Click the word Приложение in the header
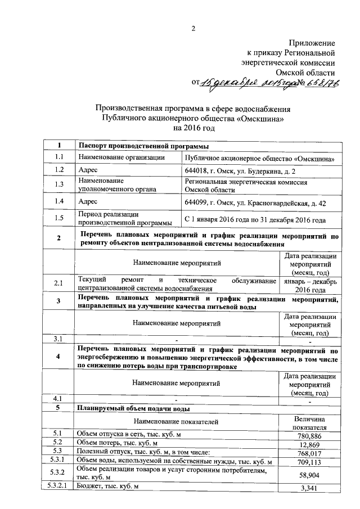312,43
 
